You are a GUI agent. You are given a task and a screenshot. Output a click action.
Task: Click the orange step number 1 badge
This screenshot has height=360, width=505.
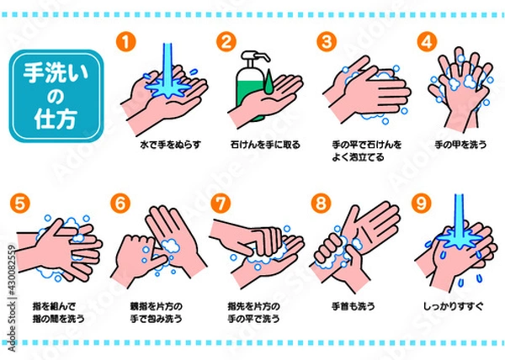pos(126,41)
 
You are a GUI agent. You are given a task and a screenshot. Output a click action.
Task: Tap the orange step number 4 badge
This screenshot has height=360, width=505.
pos(427,41)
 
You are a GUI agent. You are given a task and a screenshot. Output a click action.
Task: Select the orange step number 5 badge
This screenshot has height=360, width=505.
pos(20,204)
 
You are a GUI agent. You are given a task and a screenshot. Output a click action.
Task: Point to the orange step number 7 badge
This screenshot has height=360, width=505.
pos(221,204)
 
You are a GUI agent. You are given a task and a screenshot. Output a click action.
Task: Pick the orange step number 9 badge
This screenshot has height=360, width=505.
pos(422,204)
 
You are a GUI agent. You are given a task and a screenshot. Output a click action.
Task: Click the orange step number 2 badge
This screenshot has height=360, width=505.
pos(226,41)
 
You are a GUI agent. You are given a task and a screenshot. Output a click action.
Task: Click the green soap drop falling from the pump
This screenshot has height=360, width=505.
pos(269,83)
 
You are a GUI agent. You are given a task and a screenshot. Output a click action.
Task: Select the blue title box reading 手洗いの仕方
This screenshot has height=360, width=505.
pos(56,96)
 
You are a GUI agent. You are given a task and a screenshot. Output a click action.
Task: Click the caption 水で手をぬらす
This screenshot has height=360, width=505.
pos(170,145)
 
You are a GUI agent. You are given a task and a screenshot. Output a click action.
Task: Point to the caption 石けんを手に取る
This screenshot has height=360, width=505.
pos(265,145)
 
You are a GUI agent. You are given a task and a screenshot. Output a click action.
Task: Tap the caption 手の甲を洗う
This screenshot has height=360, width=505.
pos(460,145)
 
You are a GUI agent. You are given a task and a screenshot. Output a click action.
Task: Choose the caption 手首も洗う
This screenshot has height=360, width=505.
pos(353,306)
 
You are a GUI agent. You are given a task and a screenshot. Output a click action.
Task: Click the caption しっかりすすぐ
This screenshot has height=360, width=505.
pos(453,306)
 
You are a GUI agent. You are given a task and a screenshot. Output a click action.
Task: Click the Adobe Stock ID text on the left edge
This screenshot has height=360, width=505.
pos(12,299)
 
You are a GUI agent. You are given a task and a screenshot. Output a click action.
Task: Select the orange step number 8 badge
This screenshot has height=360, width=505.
pos(322,204)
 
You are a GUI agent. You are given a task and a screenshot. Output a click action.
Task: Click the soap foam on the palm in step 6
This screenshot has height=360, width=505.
pos(170,246)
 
